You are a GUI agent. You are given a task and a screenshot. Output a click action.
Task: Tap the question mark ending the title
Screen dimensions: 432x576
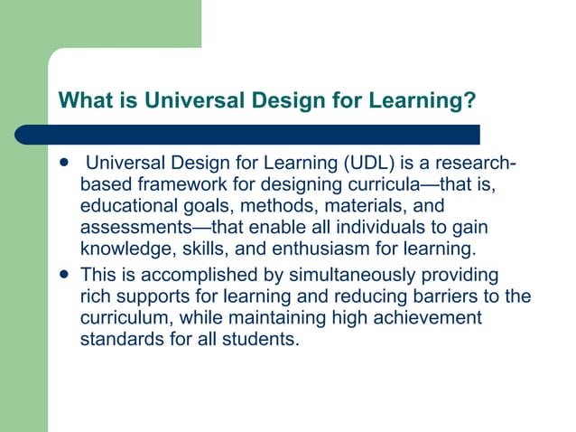469,99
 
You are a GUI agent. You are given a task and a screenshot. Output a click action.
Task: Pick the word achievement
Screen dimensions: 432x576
424,317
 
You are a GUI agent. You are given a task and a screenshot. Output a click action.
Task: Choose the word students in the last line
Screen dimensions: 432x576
263,339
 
